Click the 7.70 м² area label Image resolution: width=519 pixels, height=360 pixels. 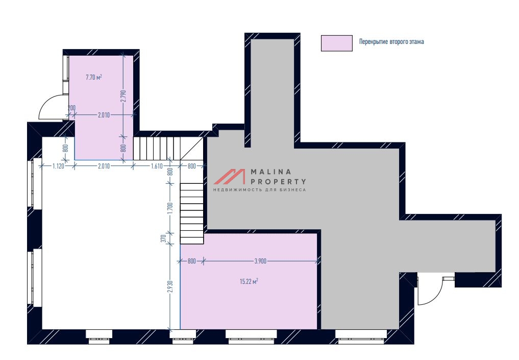[x=94, y=78]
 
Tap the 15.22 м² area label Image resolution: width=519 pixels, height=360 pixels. [x=249, y=281]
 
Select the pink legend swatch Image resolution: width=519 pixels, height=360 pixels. [x=337, y=43]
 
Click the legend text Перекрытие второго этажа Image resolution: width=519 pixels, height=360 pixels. [x=391, y=42]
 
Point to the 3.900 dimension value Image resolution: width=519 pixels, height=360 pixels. [x=260, y=261]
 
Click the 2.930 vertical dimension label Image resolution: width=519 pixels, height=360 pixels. [x=170, y=286]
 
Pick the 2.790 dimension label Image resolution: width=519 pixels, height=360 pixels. [x=124, y=97]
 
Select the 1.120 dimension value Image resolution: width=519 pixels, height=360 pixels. [x=58, y=166]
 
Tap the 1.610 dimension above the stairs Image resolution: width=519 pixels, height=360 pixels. [x=157, y=166]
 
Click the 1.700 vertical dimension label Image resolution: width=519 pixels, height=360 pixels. [x=170, y=209]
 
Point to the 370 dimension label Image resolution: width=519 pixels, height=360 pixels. [x=163, y=238]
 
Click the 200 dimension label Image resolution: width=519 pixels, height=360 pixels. [x=71, y=108]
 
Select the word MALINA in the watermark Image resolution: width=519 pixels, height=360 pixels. [x=271, y=172]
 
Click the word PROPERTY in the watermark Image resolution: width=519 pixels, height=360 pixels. [x=278, y=181]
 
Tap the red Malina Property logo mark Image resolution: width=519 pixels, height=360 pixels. [x=229, y=177]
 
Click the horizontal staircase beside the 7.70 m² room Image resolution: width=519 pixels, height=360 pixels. [x=157, y=149]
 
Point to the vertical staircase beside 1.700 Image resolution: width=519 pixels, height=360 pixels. [x=192, y=213]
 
